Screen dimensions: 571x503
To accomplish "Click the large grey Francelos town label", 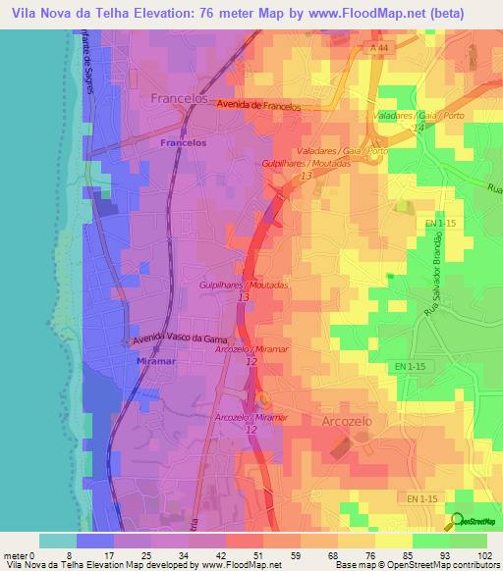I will click(x=182, y=99).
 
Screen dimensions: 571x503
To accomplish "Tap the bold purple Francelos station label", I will click(x=184, y=142).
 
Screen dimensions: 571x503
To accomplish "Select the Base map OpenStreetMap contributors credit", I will click(x=416, y=565).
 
